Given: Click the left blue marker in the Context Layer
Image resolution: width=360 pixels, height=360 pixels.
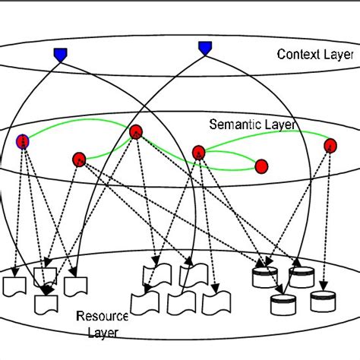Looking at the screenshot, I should click(61, 54).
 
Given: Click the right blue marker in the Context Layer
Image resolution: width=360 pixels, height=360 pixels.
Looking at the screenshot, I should click(205, 48).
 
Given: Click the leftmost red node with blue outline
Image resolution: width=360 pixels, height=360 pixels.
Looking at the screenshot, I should click(23, 141).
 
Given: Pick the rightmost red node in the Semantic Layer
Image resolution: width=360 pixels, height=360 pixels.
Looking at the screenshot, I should click(330, 145).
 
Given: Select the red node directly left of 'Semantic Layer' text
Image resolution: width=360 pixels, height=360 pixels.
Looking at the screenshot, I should click(136, 131).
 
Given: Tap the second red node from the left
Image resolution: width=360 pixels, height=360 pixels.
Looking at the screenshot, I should click(79, 159).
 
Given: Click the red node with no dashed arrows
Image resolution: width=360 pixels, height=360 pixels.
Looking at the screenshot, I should click(261, 166).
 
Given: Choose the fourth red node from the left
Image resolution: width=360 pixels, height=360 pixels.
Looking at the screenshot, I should click(199, 152).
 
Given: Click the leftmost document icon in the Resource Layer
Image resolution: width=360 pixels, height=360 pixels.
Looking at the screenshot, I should click(14, 288).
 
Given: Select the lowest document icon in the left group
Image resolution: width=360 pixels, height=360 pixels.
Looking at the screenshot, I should click(47, 304).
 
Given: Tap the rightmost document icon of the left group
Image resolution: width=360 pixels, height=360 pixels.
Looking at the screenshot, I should click(74, 286).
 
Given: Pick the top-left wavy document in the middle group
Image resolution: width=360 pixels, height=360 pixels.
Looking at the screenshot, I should click(155, 275).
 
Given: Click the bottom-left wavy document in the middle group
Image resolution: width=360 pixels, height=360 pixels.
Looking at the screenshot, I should click(145, 302).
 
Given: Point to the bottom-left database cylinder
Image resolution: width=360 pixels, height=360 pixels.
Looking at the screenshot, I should click(283, 305).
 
